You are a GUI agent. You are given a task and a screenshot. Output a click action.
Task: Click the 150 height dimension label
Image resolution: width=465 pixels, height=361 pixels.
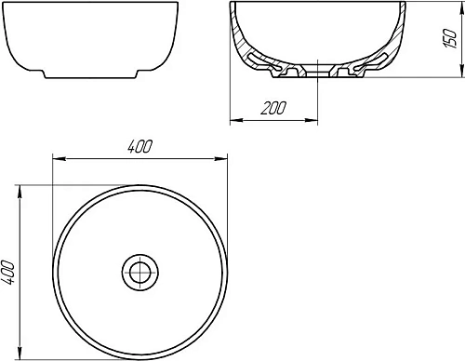pyautogui.click(x=450, y=39)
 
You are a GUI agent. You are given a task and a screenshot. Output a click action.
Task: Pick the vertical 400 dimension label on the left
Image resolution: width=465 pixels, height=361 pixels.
pyautogui.click(x=10, y=272)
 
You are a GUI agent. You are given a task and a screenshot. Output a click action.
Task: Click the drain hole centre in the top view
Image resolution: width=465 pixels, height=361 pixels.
pyautogui.click(x=139, y=273)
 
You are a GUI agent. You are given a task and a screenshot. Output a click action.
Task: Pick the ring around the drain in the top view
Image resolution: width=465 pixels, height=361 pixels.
pyautogui.click(x=139, y=261)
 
